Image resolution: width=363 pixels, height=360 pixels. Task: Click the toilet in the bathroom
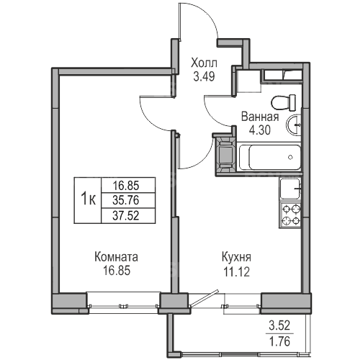tap(284, 102)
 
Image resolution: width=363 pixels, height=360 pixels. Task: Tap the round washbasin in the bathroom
tap(293, 125)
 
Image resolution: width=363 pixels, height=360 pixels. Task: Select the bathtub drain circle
tap(290, 157)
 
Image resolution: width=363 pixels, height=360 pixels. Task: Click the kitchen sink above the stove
tap(290, 189)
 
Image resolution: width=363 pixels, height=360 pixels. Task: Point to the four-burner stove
tap(290, 215)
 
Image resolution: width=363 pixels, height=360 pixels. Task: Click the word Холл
tap(204, 63)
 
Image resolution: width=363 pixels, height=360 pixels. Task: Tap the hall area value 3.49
tap(204, 77)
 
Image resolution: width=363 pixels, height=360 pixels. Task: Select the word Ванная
tap(260, 117)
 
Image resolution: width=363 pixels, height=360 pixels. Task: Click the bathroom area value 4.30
tap(260, 130)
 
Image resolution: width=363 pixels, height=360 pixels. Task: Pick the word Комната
tap(117, 257)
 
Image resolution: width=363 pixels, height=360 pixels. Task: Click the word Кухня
tap(236, 258)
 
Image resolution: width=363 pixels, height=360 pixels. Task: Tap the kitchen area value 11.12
tap(236, 272)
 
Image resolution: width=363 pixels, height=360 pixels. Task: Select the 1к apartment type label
tap(88, 199)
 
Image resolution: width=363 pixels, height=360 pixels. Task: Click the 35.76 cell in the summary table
tap(126, 200)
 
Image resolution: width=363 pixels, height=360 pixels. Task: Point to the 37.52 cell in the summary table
tap(126, 215)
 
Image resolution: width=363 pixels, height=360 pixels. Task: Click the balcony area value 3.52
tap(279, 326)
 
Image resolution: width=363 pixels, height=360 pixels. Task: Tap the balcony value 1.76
tap(279, 341)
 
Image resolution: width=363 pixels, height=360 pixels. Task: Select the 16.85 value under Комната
tap(117, 271)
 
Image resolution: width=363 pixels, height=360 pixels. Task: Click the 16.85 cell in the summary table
tap(126, 185)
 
